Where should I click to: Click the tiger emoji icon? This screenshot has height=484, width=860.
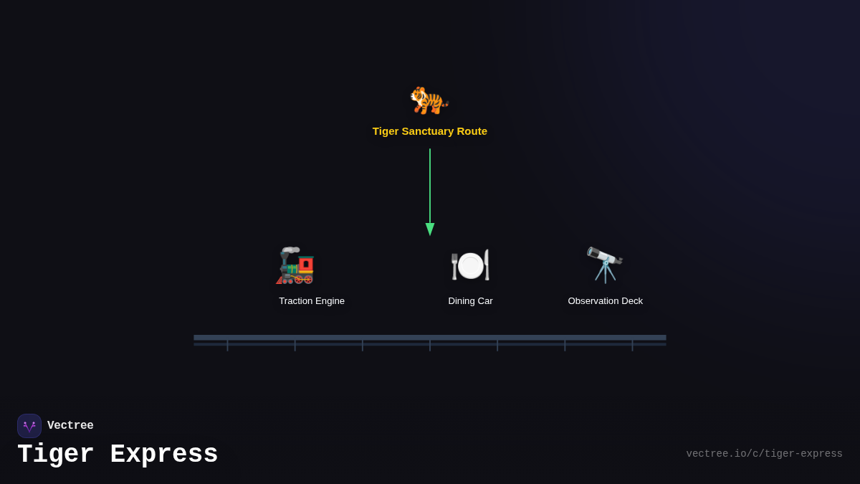(429, 100)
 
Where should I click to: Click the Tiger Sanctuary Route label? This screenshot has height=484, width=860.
(429, 131)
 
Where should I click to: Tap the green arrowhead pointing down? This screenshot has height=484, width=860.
(430, 229)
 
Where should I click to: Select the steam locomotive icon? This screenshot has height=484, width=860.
(296, 265)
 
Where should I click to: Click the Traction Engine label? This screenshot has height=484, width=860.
(312, 301)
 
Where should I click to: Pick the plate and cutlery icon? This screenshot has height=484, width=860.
(470, 265)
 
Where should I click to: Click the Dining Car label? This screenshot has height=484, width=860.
(470, 301)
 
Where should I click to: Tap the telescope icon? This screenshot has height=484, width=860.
(605, 265)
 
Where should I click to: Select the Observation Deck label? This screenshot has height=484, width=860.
(605, 301)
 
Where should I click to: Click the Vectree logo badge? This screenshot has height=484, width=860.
(29, 426)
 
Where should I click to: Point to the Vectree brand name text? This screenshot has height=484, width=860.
(70, 426)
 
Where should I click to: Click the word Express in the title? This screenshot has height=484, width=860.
(164, 455)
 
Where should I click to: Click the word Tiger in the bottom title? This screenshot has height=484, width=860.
(55, 455)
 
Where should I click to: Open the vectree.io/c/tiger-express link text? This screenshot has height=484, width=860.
(764, 454)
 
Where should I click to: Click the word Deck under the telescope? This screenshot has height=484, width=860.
(631, 301)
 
